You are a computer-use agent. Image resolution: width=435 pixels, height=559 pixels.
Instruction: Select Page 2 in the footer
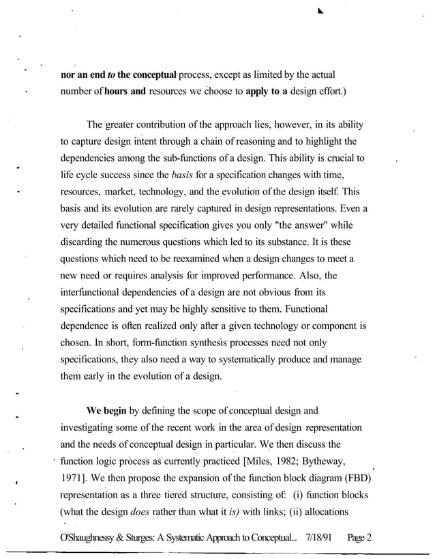(357, 536)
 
